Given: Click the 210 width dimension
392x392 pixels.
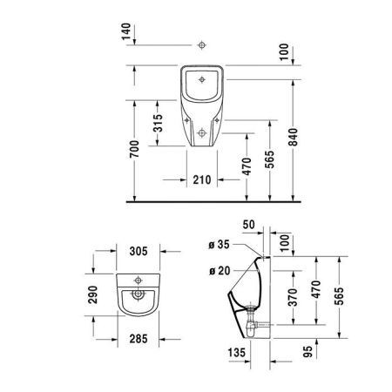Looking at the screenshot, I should point(200,181).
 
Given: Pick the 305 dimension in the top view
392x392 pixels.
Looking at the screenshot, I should point(137,252).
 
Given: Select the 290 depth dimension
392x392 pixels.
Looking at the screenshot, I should point(97,299).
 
